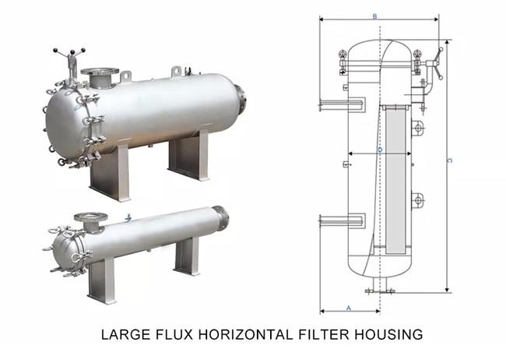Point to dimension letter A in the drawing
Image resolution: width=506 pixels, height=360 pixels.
349,308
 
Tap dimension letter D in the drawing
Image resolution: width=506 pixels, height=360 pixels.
379,148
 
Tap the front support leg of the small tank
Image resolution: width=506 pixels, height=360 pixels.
102,281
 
